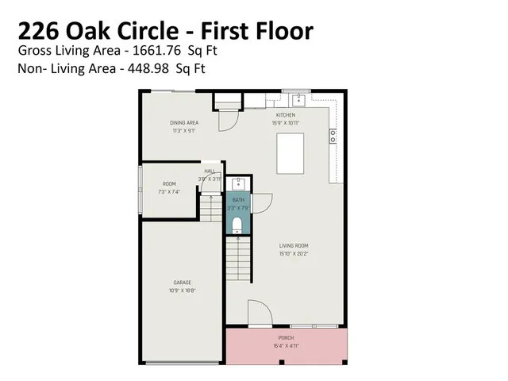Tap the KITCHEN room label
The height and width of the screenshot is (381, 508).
click(286, 115)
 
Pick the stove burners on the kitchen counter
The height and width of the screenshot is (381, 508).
click(333, 137)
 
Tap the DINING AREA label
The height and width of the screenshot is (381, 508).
click(184, 123)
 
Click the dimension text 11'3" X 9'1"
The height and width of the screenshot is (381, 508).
click(184, 131)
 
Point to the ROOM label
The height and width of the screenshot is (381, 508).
click(170, 184)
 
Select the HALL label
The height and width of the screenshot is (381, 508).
click(210, 171)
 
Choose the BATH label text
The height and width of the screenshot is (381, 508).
click(237, 201)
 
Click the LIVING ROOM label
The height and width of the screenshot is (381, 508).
click(294, 245)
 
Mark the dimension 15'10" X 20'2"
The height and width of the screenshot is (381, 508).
click(294, 253)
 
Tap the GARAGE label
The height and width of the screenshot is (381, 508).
click(183, 283)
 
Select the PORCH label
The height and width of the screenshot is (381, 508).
click(286, 338)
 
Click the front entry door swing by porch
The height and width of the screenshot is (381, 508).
click(259, 312)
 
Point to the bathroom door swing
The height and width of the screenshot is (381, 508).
click(261, 203)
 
